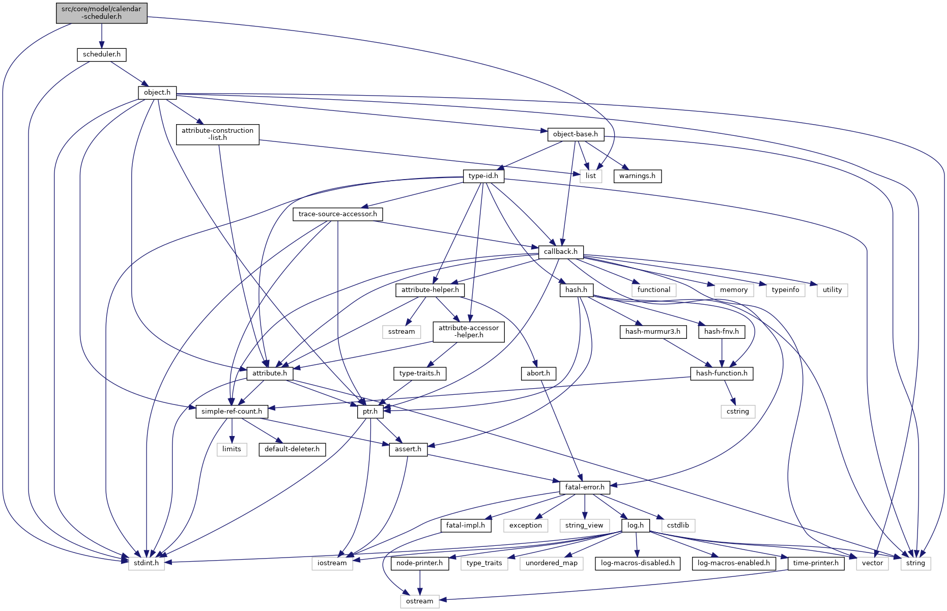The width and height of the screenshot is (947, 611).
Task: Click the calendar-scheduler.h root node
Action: click(102, 13)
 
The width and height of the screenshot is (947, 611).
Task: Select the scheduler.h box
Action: click(102, 54)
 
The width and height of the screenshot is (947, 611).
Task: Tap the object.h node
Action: click(157, 93)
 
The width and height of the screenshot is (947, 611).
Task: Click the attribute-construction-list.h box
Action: click(217, 134)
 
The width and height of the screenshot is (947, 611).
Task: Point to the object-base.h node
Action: click(576, 134)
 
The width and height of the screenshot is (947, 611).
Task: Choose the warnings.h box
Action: click(638, 176)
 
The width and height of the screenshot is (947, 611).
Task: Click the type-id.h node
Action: click(483, 176)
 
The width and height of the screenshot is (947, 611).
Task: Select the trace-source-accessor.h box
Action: click(338, 214)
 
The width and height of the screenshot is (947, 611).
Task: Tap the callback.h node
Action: click(561, 252)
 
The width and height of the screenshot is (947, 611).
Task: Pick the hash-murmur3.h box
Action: click(653, 332)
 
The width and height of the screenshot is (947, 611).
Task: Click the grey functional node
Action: click(654, 290)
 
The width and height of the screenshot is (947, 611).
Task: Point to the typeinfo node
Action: click(785, 290)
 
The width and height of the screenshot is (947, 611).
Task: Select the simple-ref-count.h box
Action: click(232, 411)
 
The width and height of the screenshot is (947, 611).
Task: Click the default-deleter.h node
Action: click(292, 449)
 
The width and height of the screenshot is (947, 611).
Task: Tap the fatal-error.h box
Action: click(585, 487)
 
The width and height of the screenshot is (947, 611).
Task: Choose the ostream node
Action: click(420, 601)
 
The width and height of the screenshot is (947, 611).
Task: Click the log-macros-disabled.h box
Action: click(638, 563)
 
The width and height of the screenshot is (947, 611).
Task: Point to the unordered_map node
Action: click(552, 563)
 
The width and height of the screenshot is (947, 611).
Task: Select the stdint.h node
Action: click(147, 563)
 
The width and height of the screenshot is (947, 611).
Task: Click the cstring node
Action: click(738, 411)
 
